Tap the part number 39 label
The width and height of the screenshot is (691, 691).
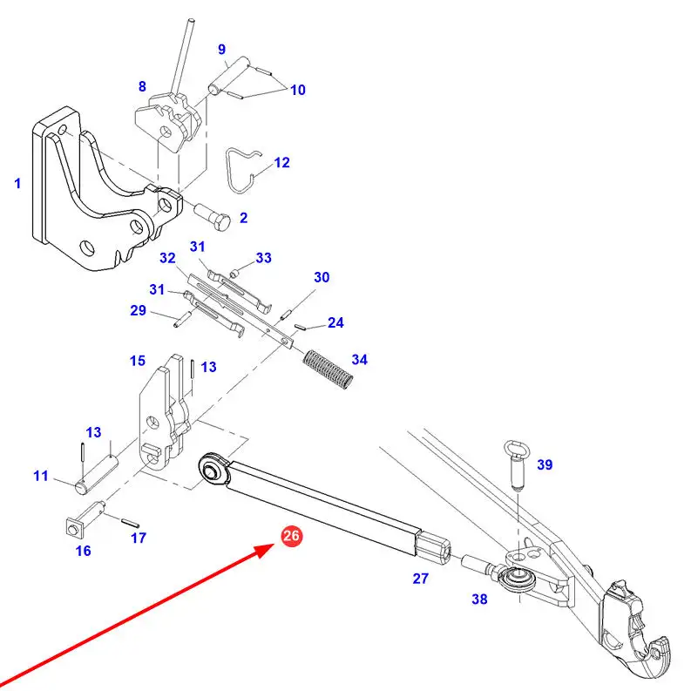(x=544, y=465)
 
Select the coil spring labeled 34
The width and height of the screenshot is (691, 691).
(x=329, y=369)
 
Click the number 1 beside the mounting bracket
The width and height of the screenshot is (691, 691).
(x=17, y=184)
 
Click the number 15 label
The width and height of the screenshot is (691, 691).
(x=138, y=361)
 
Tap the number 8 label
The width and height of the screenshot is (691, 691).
(x=142, y=86)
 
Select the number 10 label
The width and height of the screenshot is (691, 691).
(x=298, y=89)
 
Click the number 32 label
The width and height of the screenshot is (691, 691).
(x=167, y=258)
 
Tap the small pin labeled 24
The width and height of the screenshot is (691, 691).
(x=299, y=328)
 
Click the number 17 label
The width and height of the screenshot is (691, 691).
(x=139, y=538)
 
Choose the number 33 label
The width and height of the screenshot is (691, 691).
(x=263, y=258)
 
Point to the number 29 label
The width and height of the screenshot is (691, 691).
(x=138, y=311)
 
